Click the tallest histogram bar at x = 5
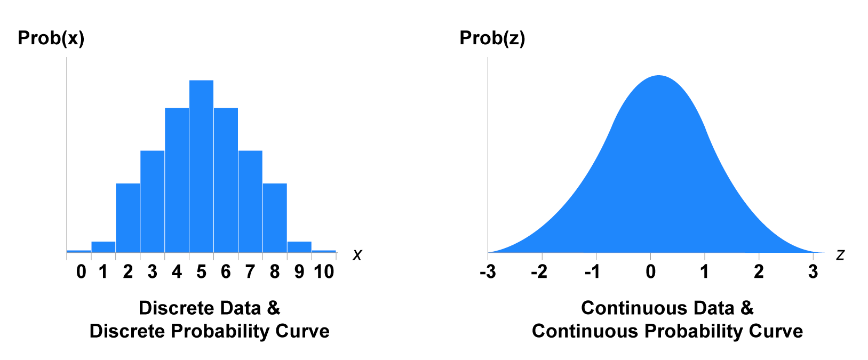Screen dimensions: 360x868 (x=201, y=166)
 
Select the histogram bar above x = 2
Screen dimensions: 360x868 (x=128, y=218)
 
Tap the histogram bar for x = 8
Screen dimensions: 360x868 (x=275, y=218)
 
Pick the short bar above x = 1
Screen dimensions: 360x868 (x=103, y=247)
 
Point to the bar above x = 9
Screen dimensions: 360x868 (x=299, y=247)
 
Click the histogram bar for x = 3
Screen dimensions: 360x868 (x=152, y=201)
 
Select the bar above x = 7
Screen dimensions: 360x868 (x=250, y=201)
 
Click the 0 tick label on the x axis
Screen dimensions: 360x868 (x=81, y=272)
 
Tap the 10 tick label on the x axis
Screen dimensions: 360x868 (x=323, y=272)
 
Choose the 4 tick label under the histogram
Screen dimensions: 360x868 (x=177, y=272)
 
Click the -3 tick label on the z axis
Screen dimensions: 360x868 (x=488, y=272)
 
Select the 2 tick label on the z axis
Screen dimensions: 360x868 (x=759, y=272)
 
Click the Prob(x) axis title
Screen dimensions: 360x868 (x=51, y=38)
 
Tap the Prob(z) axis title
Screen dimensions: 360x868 (x=492, y=38)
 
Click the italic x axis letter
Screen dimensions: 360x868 (x=357, y=255)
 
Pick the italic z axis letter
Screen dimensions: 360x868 (x=840, y=255)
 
